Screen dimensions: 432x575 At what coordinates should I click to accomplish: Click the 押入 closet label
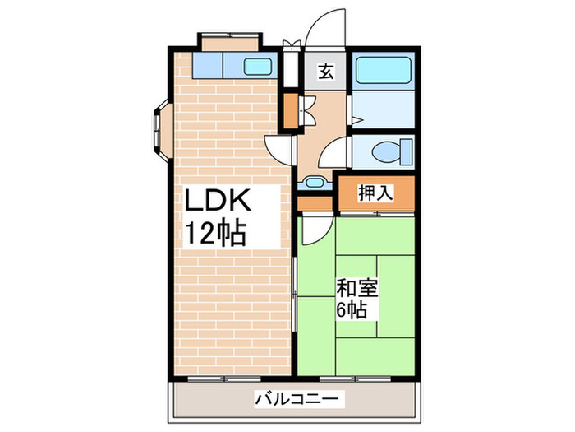pos(377,193)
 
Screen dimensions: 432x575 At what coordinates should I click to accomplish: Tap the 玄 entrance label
pos(326,72)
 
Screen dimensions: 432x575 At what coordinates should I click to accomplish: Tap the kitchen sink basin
pos(262,67)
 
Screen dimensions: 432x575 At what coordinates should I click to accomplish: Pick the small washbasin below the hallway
pos(315,183)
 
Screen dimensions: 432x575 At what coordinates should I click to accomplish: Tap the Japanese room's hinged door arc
pos(313,230)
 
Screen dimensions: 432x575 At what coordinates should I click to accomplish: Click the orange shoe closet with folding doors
pos(289,110)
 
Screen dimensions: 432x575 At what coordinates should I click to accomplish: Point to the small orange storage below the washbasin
pos(314,202)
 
